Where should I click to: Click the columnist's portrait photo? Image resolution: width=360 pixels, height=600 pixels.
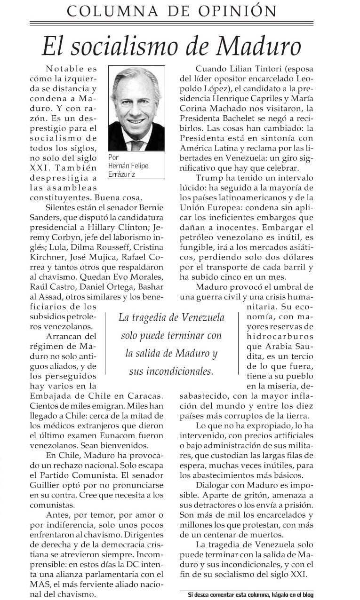coord(136,109)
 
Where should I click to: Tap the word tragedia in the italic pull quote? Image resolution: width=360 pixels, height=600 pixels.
coord(153,317)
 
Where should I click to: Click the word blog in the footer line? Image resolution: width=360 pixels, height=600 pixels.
coord(306,594)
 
